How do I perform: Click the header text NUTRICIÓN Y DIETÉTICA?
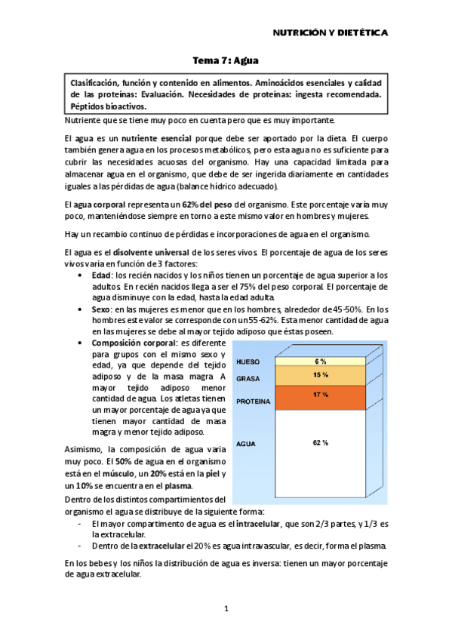(x=330, y=34)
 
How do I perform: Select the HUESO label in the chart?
(x=248, y=362)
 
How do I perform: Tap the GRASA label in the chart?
(x=248, y=377)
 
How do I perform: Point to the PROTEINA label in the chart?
(x=253, y=402)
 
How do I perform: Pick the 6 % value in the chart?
(x=321, y=361)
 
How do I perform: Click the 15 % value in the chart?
(x=321, y=374)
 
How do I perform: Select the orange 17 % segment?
(x=321, y=394)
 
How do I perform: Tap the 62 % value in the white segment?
(x=321, y=442)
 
